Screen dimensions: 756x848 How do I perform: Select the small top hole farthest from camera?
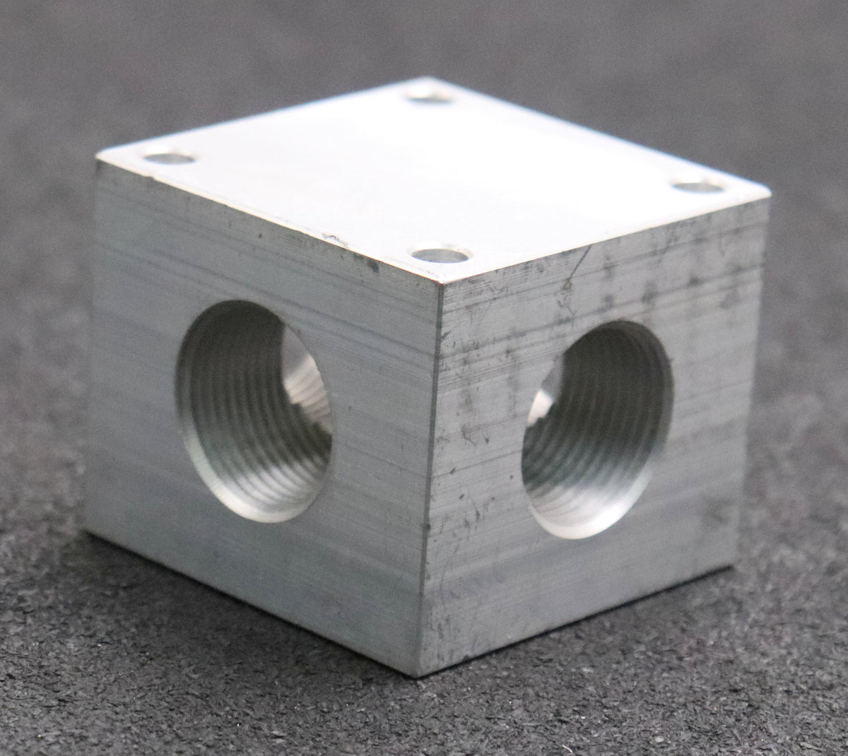click(430, 95)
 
